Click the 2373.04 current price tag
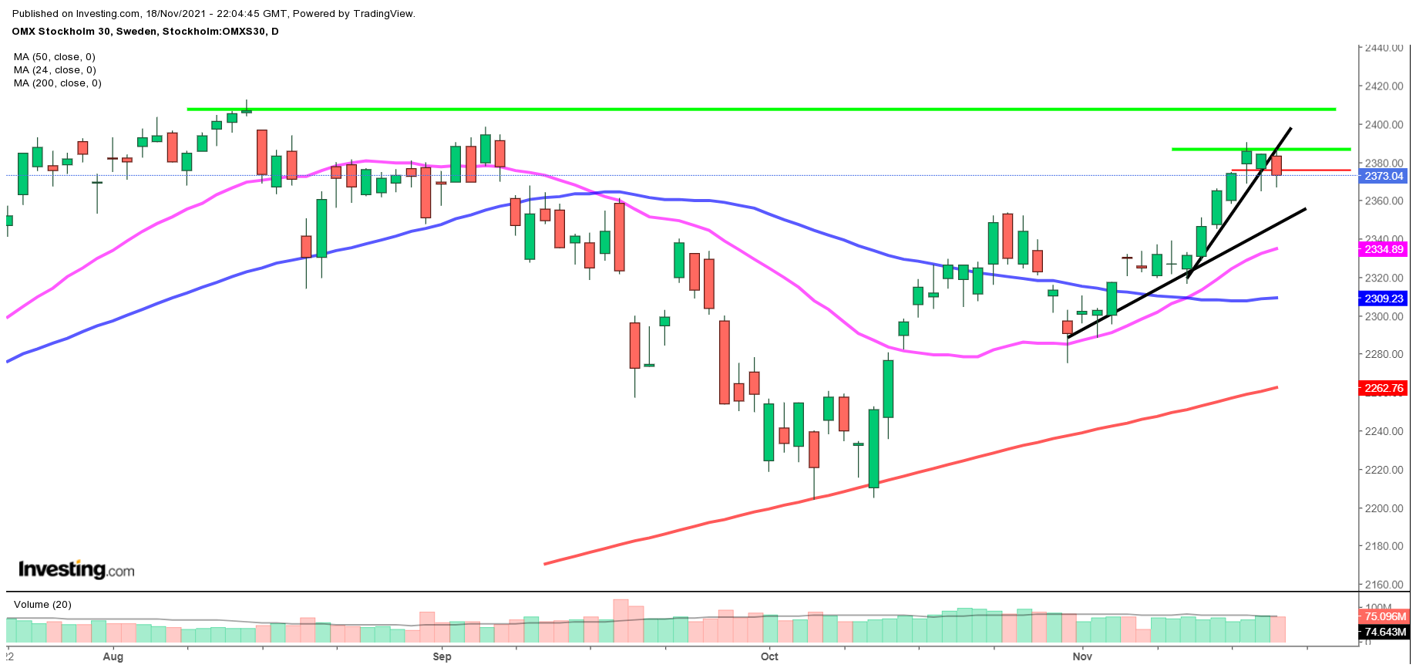coord(1384,176)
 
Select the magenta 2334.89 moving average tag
coord(1384,249)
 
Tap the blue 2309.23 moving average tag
coord(1384,299)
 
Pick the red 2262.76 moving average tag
coord(1384,388)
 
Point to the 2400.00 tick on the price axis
coord(1384,124)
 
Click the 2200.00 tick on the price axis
coord(1384,508)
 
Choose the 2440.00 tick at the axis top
coord(1384,48)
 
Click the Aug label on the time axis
coord(113,656)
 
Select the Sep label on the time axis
coord(442,656)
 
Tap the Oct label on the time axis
coord(769,656)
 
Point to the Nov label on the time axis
coord(1082,656)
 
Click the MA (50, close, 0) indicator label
coord(55,57)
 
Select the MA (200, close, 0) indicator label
coord(58,83)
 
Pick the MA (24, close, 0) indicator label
coord(55,70)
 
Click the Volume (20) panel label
coord(42,605)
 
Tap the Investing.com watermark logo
coord(76,570)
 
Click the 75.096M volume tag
coord(1385,616)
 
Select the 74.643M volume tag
coord(1385,632)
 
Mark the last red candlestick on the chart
coord(1276,166)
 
